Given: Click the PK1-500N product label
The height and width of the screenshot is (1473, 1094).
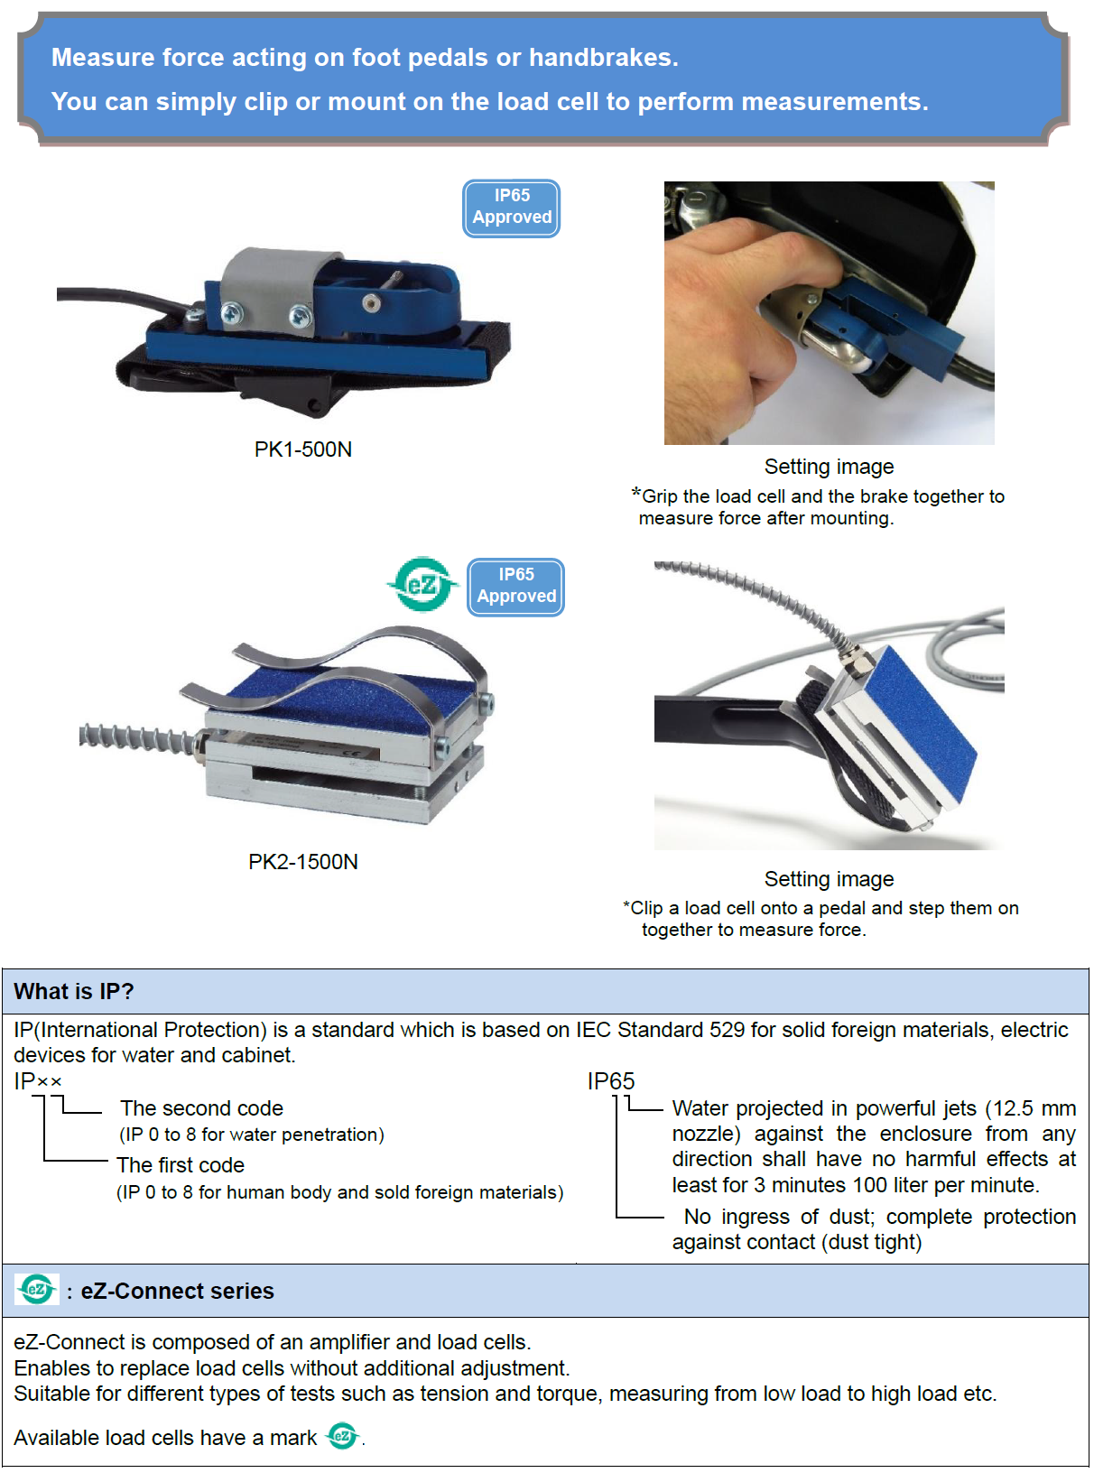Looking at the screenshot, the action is (303, 449).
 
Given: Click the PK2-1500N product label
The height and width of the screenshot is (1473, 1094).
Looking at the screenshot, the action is (303, 861).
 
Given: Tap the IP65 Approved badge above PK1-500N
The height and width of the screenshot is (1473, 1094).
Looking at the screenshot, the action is (512, 208).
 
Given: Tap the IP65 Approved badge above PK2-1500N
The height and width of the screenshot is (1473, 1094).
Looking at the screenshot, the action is (516, 587).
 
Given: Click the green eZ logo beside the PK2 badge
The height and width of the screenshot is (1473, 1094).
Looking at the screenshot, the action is (422, 585).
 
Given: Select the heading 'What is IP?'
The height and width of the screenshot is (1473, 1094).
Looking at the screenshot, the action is (74, 992).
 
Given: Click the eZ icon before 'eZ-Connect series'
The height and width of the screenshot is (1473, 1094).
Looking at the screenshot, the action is (36, 1290).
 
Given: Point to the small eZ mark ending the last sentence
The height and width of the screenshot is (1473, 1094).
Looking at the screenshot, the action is (343, 1437).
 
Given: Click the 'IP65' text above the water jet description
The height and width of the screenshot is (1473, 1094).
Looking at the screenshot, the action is (610, 1081).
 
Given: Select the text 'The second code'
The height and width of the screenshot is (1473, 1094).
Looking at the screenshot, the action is (201, 1107).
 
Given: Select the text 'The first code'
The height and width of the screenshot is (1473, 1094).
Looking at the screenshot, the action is (181, 1165).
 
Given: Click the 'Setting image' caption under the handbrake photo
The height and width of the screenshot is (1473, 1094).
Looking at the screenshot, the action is (829, 467).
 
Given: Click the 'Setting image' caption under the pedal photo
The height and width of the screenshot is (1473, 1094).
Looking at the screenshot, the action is (829, 879).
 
